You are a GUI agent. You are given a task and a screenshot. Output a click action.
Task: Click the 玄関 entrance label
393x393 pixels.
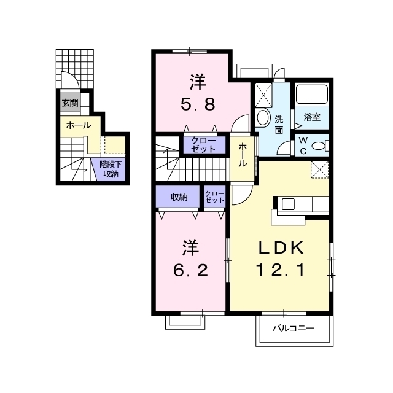coord(70,103)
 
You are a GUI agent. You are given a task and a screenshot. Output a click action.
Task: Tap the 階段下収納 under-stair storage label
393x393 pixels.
coord(111,169)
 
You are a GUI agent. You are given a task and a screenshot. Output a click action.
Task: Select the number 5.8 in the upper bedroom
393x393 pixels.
coord(198,105)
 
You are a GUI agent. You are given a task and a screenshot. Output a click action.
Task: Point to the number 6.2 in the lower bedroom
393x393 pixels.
coord(191,271)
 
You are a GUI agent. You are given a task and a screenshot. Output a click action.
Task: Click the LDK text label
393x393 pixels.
coord(281,248)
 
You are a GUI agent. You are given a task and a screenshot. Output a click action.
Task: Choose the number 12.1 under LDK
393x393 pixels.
coord(281,270)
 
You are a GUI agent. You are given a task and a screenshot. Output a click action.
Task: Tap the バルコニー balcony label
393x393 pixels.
coord(294,328)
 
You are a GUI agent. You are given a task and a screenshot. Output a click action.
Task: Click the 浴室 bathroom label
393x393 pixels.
coord(312,117)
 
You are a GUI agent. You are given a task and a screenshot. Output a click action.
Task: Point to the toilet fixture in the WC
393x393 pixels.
coord(321,146)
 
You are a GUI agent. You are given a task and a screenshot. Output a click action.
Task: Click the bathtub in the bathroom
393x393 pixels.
coord(312,95)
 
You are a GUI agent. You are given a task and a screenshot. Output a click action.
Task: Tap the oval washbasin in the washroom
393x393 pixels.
coord(262,117)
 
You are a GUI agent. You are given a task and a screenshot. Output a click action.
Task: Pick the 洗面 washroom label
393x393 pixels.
coord(279,125)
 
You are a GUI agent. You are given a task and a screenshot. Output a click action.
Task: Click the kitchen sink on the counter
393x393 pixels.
coord(288,204)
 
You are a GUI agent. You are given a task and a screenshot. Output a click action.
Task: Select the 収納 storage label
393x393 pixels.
coord(179,198)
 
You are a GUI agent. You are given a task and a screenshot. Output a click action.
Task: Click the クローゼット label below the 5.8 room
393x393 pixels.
coord(203,145)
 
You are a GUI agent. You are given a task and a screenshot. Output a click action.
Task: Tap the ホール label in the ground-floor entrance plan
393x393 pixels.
coord(79,125)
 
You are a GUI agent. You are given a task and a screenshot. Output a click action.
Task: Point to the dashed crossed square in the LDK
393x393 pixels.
coord(320,169)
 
